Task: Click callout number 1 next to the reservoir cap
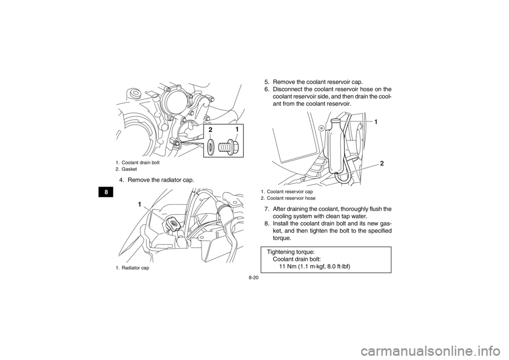[375, 122]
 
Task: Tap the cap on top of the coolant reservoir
[335, 122]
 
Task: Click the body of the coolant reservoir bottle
[337, 148]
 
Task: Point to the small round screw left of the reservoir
[321, 128]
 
